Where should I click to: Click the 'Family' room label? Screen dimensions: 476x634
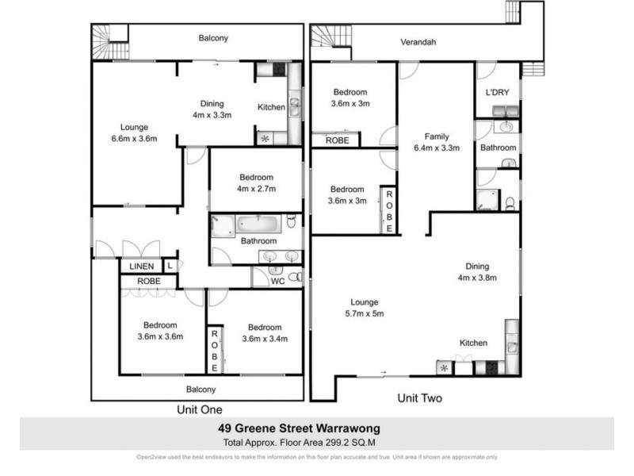[x=437, y=136]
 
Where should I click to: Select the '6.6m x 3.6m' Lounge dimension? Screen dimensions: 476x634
[x=133, y=138]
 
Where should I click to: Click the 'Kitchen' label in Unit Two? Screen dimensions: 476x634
[x=473, y=343]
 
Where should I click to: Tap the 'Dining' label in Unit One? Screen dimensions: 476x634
[x=212, y=103]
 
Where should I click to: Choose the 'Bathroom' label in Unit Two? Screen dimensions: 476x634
[x=497, y=148]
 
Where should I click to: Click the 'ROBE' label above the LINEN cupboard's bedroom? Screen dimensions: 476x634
[x=149, y=281]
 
